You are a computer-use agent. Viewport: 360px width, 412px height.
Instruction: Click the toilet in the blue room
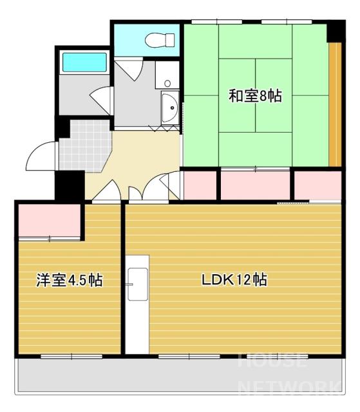click(x=160, y=40)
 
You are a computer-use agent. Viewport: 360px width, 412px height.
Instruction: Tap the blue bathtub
click(x=84, y=62)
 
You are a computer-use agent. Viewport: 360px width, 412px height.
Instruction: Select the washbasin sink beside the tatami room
click(x=170, y=108)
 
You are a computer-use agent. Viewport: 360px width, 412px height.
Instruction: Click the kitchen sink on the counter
click(x=138, y=284)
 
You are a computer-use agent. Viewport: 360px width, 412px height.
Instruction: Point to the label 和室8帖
click(x=256, y=96)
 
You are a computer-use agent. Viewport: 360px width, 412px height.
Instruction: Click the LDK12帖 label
click(x=234, y=280)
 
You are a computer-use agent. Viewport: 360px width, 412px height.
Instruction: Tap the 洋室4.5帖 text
click(x=70, y=280)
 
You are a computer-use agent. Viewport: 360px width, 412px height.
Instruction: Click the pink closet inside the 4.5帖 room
click(x=50, y=220)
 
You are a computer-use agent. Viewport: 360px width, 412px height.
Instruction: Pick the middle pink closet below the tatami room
click(x=255, y=185)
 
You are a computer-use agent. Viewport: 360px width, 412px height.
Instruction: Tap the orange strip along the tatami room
click(x=335, y=104)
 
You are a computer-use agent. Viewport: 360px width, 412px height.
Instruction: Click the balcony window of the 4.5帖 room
click(x=71, y=356)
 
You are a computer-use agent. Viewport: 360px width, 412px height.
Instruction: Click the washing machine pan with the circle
click(x=167, y=75)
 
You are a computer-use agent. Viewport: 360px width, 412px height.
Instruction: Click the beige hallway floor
click(x=134, y=160)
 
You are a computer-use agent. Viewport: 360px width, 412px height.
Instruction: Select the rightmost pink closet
click(x=317, y=185)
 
